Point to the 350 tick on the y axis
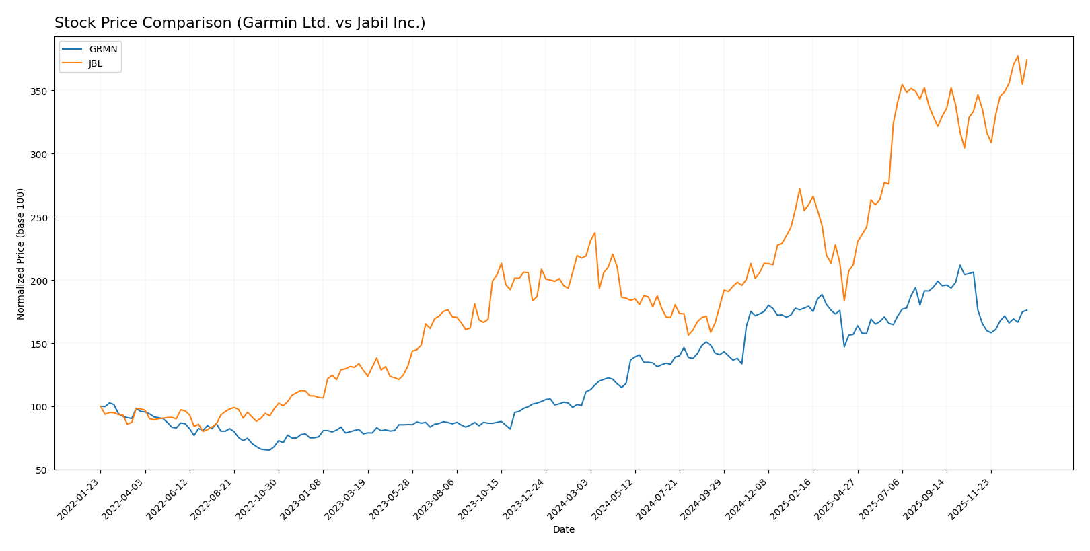(41, 91)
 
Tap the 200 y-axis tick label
(41, 281)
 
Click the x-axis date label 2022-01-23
(79, 499)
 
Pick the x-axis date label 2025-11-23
(970, 499)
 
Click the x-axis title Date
(563, 530)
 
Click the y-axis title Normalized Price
(21, 254)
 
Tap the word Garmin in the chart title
(255, 23)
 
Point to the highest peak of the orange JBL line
(1017, 56)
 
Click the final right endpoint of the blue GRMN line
(1027, 310)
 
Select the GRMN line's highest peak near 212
(960, 265)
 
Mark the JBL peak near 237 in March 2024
(595, 233)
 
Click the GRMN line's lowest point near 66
(269, 450)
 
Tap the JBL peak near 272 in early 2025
(799, 189)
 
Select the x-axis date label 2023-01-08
(302, 499)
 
